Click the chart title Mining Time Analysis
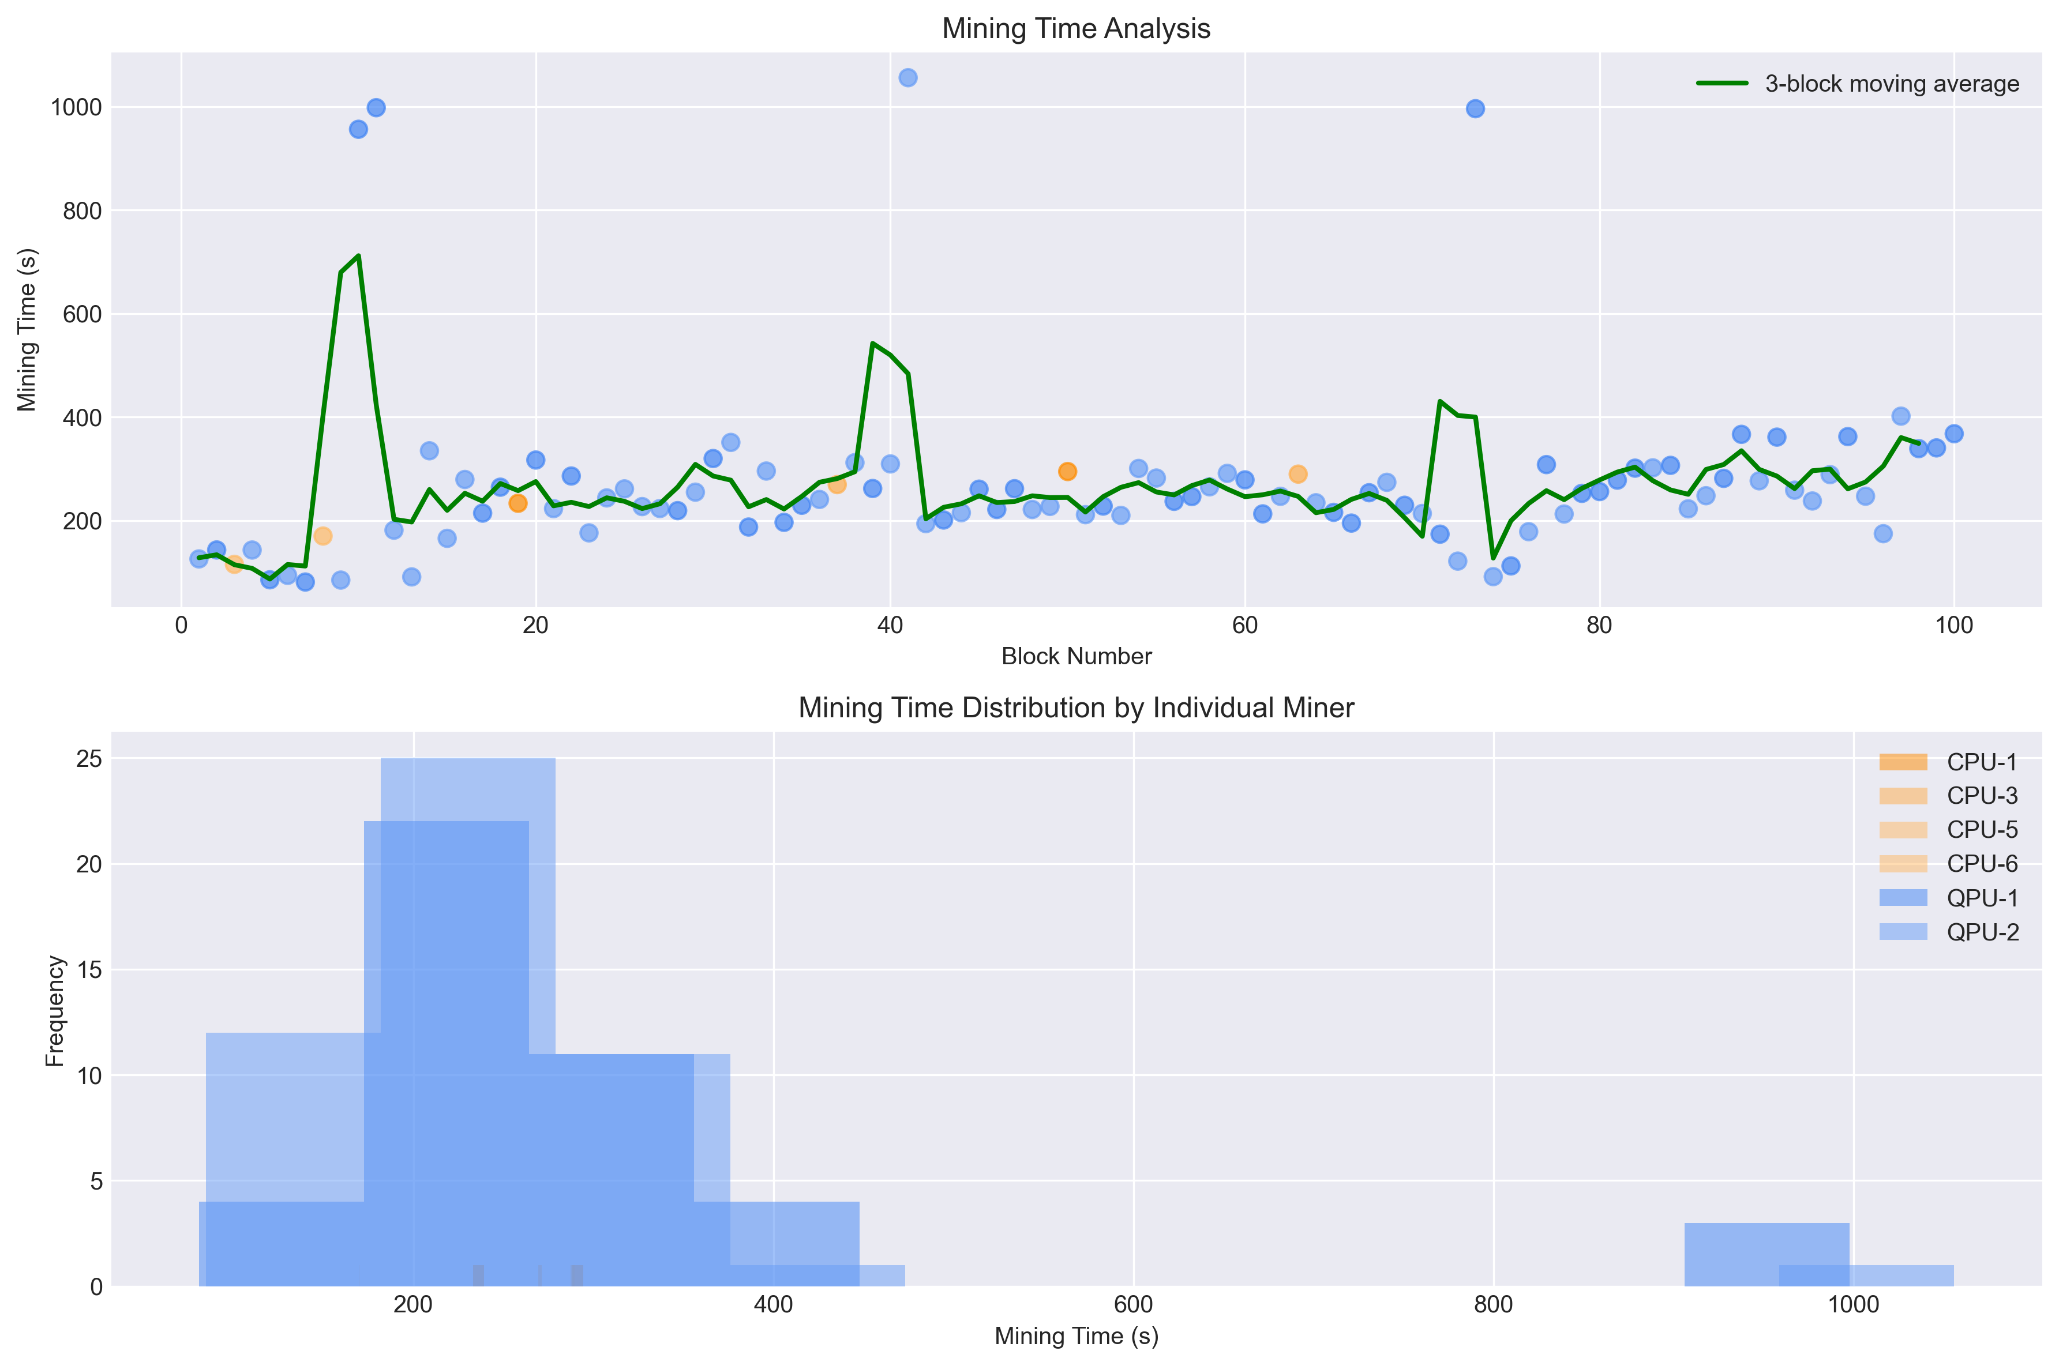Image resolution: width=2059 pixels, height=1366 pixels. coord(1075,29)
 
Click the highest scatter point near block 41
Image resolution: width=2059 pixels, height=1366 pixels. coord(907,77)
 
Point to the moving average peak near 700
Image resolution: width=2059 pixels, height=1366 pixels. coord(358,256)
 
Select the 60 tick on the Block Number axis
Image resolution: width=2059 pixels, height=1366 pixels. coord(1244,626)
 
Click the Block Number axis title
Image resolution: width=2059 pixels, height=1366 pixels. coord(1075,656)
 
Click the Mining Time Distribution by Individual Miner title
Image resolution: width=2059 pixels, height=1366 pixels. coord(1075,708)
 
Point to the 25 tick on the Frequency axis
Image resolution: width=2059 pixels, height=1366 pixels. coord(89,759)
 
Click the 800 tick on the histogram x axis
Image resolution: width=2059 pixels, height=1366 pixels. coord(1492,1305)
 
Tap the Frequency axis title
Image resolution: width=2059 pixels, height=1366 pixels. coord(55,1011)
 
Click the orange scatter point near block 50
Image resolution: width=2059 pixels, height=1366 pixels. coord(1067,471)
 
